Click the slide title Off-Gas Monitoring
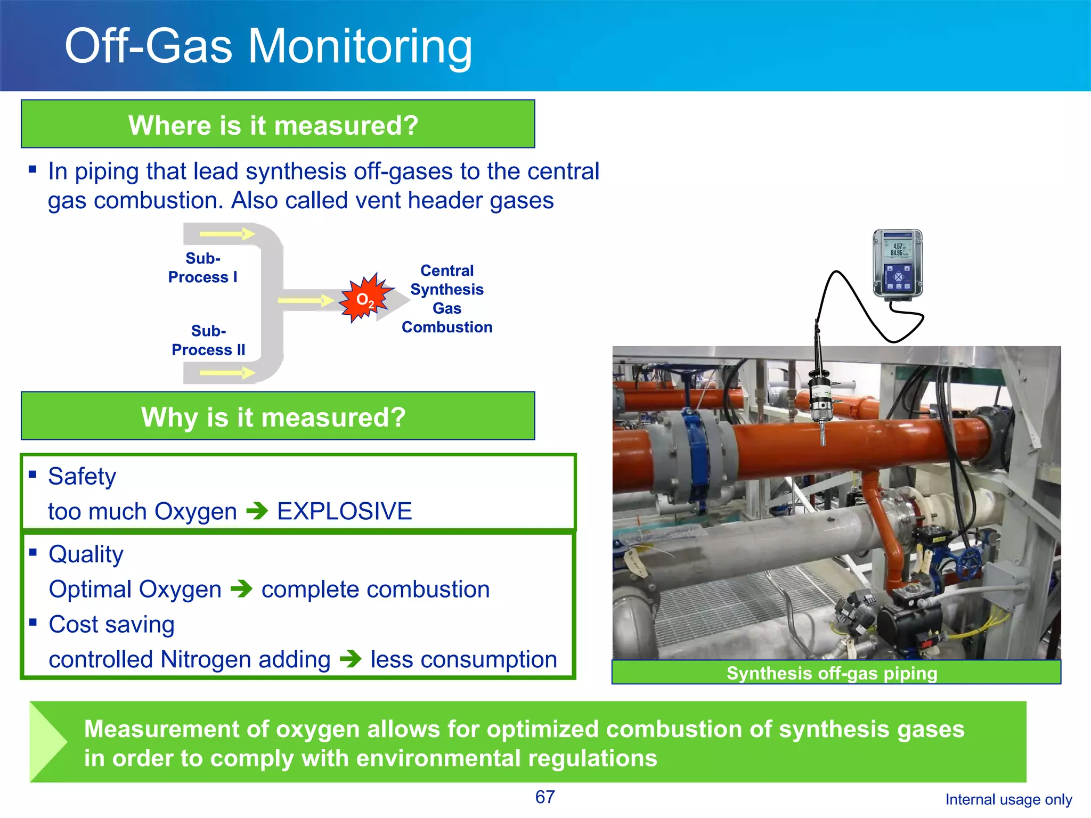(x=268, y=47)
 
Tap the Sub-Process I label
(x=202, y=268)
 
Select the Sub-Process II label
(x=208, y=340)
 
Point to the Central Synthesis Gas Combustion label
(x=446, y=299)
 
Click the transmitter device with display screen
(x=898, y=263)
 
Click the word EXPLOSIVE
(x=344, y=511)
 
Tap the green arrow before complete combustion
(x=241, y=589)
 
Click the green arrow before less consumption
(x=351, y=659)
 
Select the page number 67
(x=544, y=797)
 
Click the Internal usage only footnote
(x=1008, y=799)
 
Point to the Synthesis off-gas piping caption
(x=832, y=673)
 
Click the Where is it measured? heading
(x=273, y=126)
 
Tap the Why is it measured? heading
(x=273, y=417)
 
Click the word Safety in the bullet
(x=82, y=476)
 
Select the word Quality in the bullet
(x=86, y=554)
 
